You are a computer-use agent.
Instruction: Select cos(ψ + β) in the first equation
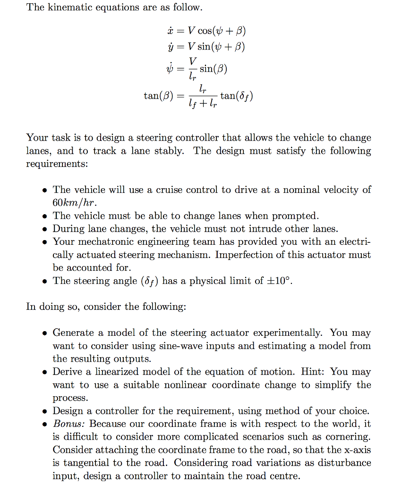point(222,31)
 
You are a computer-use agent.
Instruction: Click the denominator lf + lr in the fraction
point(202,104)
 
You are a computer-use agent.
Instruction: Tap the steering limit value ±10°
point(282,281)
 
